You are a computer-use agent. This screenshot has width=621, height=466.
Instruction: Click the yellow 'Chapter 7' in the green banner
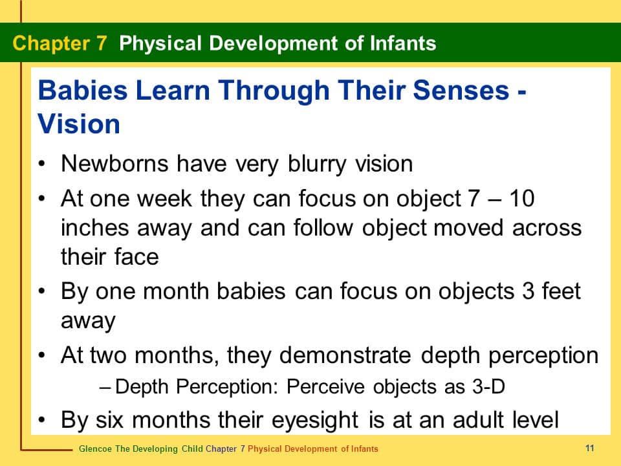click(x=60, y=43)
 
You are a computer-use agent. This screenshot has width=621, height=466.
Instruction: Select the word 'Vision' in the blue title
click(x=79, y=124)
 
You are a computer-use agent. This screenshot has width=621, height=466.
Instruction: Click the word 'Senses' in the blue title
click(x=461, y=90)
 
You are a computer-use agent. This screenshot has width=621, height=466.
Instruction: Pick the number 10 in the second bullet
click(x=522, y=198)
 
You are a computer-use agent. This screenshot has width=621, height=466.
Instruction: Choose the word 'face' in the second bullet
click(x=136, y=257)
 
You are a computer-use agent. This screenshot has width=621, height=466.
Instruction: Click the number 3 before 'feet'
click(x=528, y=291)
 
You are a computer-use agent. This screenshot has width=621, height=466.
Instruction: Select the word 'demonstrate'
click(x=345, y=355)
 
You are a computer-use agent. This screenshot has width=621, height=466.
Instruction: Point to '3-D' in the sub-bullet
click(x=488, y=386)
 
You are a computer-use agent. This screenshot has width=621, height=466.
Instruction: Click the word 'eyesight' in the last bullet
click(x=315, y=421)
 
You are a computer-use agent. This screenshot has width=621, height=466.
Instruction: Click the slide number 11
click(x=590, y=448)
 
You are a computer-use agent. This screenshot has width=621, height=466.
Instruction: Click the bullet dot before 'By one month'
click(x=42, y=291)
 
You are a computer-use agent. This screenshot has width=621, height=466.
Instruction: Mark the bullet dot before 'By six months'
click(x=42, y=419)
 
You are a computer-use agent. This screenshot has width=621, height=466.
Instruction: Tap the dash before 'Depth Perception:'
click(x=105, y=387)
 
